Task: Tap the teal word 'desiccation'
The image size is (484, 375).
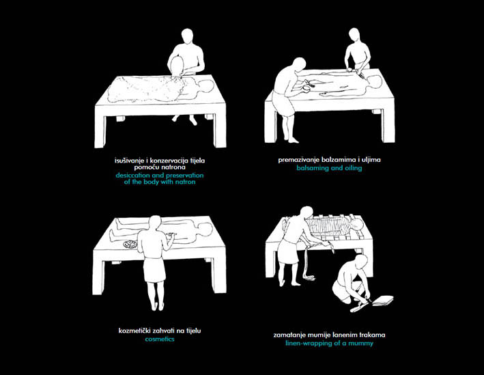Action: (133, 176)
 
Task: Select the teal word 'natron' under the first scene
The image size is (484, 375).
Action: (185, 182)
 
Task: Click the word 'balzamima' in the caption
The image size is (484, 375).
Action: (339, 160)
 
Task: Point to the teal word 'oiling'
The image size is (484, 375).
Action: (352, 168)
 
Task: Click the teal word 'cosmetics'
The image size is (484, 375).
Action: (160, 339)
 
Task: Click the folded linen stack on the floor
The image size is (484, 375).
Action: (383, 301)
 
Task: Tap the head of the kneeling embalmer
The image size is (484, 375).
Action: (361, 262)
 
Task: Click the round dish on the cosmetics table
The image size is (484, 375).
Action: (130, 245)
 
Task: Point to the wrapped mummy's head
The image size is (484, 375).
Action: (356, 225)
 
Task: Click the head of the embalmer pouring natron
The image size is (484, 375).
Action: (187, 36)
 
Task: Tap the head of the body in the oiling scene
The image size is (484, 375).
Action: (375, 83)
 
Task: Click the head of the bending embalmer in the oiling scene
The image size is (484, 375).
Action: (299, 65)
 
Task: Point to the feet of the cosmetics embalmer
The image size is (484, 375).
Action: (157, 306)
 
